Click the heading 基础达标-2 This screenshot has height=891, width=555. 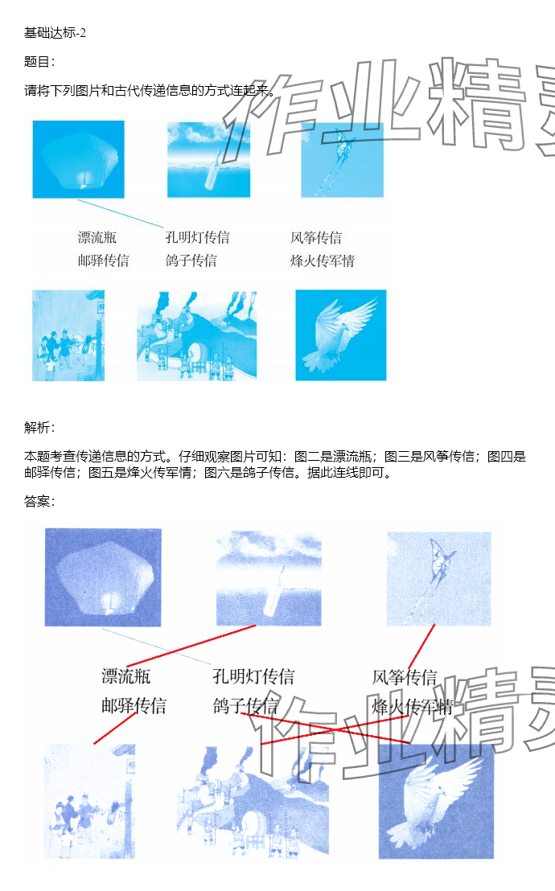pos(55,33)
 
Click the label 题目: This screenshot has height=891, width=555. pos(39,61)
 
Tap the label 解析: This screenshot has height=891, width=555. pos(39,427)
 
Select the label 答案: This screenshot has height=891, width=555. pos(39,501)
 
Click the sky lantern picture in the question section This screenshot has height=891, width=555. pos(79,159)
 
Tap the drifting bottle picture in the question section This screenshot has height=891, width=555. pos(208,160)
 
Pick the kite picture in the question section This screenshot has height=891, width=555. pos(343,160)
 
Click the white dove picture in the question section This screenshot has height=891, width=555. pos(340,335)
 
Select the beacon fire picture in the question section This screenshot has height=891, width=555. pos(197,335)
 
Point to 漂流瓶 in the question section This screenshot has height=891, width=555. pos(97,237)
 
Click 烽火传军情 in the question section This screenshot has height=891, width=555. pos(323,261)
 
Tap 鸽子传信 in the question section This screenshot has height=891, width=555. pos(191,261)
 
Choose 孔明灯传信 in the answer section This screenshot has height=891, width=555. pos(253,676)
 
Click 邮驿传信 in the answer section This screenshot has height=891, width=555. pos(134,706)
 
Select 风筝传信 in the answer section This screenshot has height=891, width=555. pos(405,677)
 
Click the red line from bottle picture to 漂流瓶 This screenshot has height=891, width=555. pos(191,646)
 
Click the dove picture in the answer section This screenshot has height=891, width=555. pos(436,801)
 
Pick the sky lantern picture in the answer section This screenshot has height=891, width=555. pos(103,577)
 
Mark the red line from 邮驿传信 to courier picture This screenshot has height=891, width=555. pos(116,728)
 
